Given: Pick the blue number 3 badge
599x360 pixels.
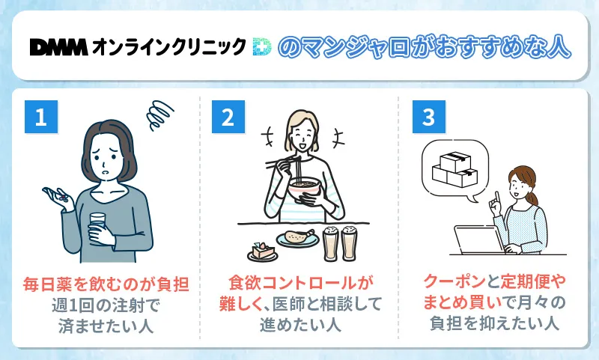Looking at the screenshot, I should (428, 118).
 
